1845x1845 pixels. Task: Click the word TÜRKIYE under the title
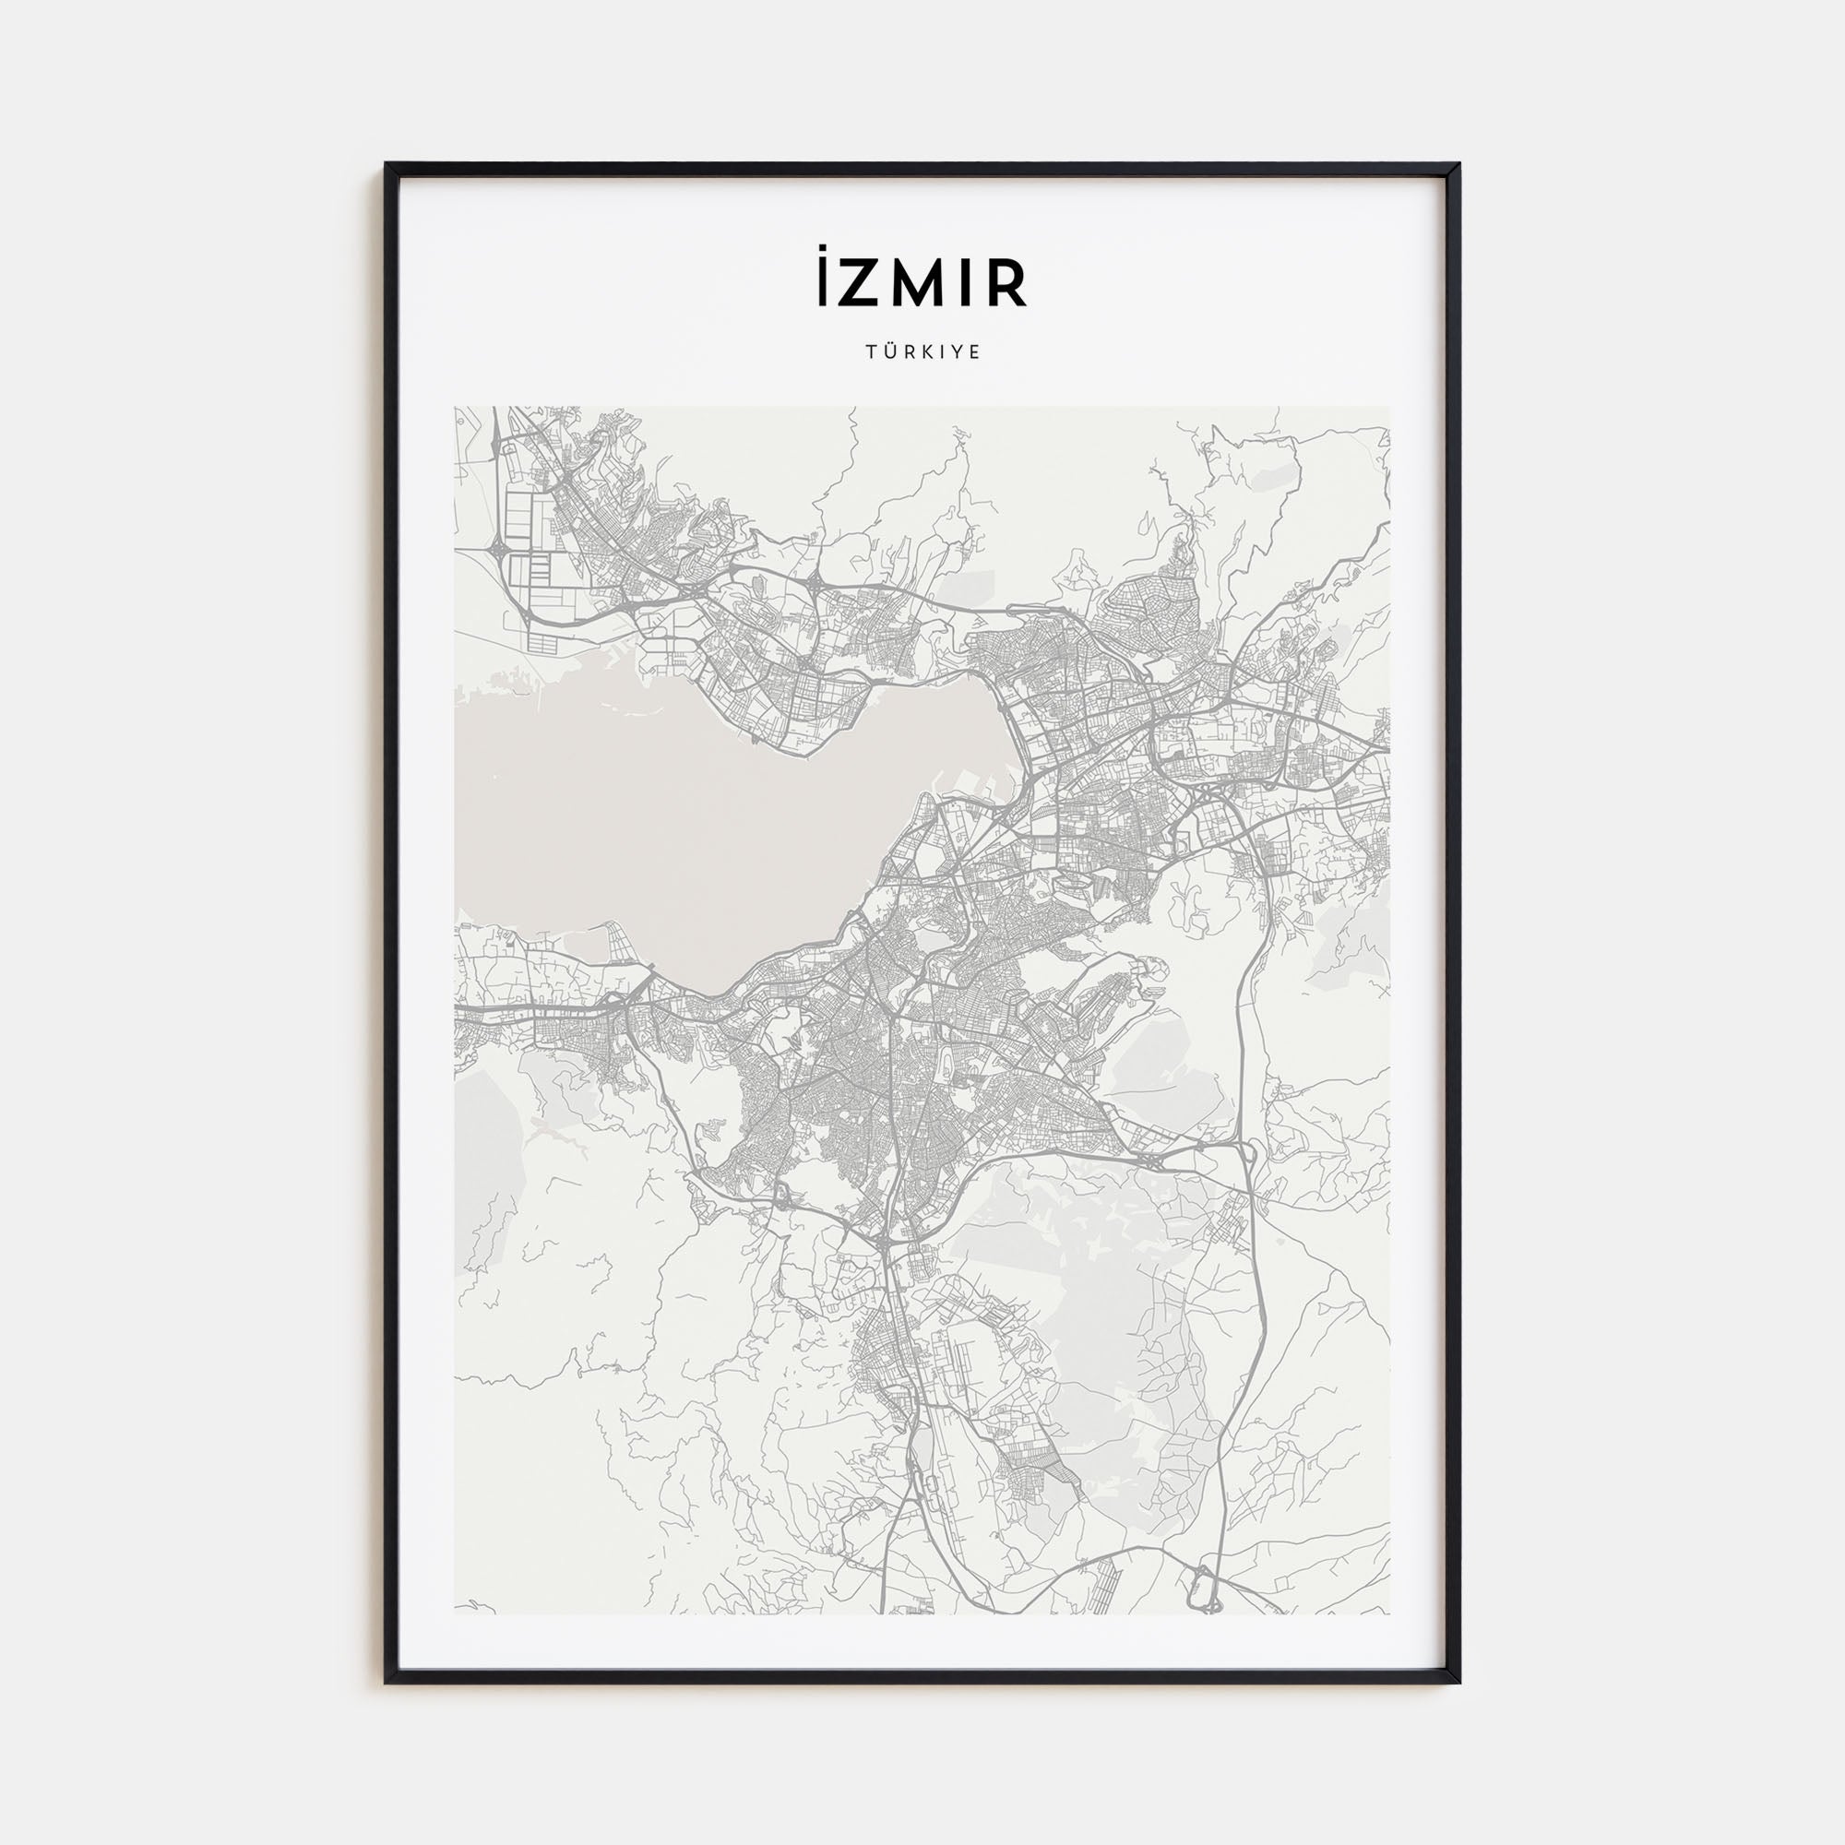(x=922, y=352)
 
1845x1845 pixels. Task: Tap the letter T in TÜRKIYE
(x=870, y=352)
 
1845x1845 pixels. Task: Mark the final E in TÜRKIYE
(x=975, y=352)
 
